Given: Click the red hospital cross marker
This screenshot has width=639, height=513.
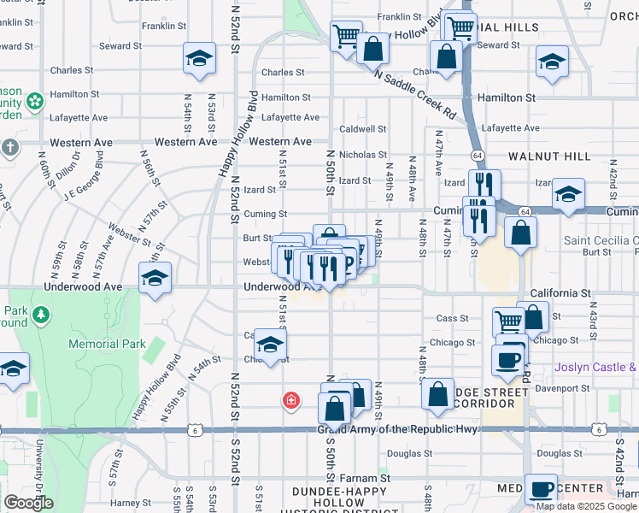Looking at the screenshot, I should [291, 399].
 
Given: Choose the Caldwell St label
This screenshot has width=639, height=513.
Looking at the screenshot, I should [363, 129].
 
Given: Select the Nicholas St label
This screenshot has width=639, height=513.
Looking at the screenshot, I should [363, 155].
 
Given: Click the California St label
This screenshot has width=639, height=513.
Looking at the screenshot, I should [560, 293].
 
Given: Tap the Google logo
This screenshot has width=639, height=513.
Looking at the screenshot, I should [28, 503].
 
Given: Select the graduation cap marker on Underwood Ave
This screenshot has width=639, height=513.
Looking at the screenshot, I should [155, 280].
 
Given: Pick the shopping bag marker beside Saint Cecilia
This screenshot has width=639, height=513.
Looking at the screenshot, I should [520, 233].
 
